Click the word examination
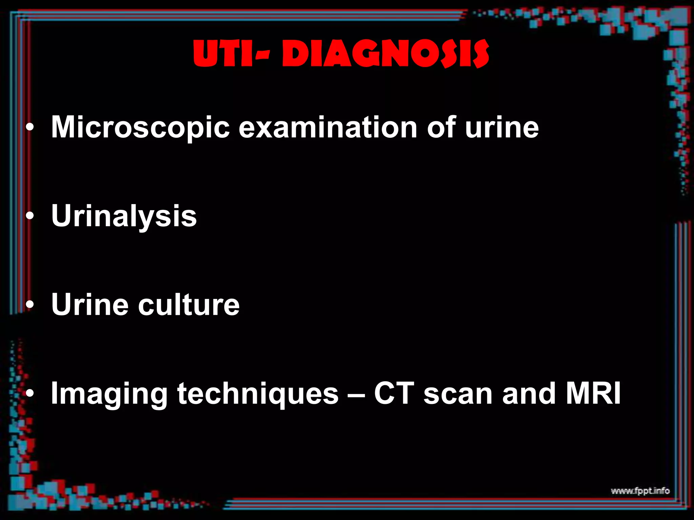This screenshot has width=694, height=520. [328, 128]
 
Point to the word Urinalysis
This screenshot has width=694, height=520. [124, 217]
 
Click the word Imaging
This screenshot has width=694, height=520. [109, 394]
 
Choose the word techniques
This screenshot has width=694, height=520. [258, 394]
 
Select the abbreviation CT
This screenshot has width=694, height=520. [394, 393]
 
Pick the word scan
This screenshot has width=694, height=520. [458, 394]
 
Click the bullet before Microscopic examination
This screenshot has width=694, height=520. [30, 128]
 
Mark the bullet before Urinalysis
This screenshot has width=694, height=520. [30, 217]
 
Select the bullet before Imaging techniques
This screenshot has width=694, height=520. [30, 394]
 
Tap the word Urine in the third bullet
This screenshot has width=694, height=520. [90, 305]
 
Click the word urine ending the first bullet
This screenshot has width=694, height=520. [502, 128]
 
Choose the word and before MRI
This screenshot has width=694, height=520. [529, 393]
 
